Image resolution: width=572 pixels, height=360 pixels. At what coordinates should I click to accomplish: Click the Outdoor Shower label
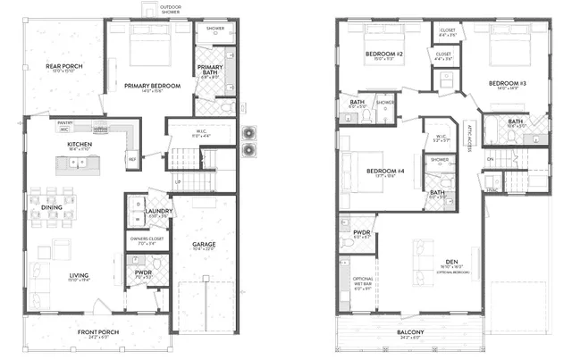170,10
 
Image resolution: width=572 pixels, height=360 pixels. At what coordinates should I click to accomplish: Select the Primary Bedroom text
152,86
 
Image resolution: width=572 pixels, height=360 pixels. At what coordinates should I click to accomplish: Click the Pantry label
64,122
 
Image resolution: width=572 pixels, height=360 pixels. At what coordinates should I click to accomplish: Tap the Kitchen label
80,144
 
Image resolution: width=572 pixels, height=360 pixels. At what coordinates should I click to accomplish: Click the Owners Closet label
146,239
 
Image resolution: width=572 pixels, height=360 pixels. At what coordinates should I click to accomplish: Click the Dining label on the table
52,207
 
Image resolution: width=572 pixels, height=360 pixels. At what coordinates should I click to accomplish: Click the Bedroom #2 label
385,54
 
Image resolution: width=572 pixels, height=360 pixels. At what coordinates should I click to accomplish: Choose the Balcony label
411,333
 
